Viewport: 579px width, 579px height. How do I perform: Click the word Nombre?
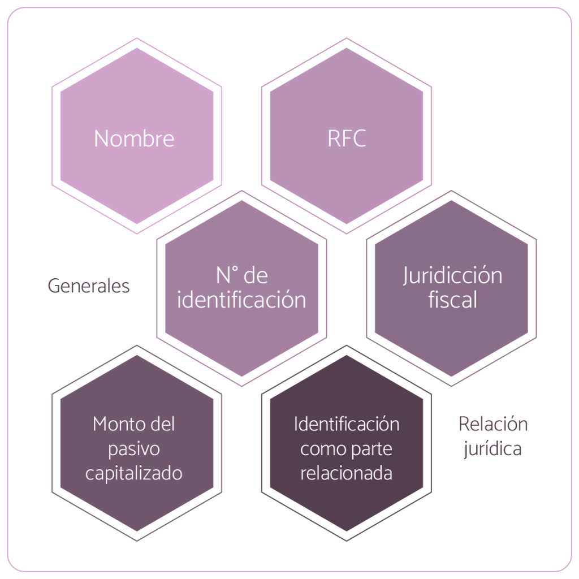pos(134,139)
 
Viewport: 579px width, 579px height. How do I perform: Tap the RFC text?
pos(347,139)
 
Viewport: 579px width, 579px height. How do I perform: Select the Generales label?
pos(89,286)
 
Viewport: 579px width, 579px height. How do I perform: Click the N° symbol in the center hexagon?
pos(226,276)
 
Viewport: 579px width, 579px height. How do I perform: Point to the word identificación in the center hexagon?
pos(241,300)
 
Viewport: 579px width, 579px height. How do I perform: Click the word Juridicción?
pos(452,276)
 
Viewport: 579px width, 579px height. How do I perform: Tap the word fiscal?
pos(452,300)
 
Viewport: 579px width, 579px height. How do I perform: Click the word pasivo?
pos(134,448)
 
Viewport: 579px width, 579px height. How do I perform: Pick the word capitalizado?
pos(134,473)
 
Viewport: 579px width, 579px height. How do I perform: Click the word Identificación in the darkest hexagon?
pos(347,424)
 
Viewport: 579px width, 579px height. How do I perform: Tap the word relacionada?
pos(347,473)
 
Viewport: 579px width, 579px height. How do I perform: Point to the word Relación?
pos(493,424)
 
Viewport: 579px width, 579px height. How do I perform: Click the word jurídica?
pos(493,450)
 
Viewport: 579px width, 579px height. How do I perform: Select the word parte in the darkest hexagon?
pos(373,450)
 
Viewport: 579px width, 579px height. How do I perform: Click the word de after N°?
pos(257,276)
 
